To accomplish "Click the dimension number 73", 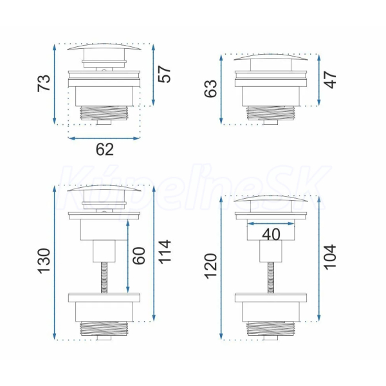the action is pyautogui.click(x=44, y=83).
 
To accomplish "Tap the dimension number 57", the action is pyautogui.click(x=165, y=74).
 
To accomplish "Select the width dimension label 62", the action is pyautogui.click(x=105, y=149).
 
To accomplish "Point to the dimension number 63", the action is pyautogui.click(x=211, y=89).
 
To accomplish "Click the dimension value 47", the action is pyautogui.click(x=330, y=80).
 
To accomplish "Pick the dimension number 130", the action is pyautogui.click(x=44, y=261).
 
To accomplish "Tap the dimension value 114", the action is pyautogui.click(x=165, y=252).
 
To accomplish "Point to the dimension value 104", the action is pyautogui.click(x=330, y=257).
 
